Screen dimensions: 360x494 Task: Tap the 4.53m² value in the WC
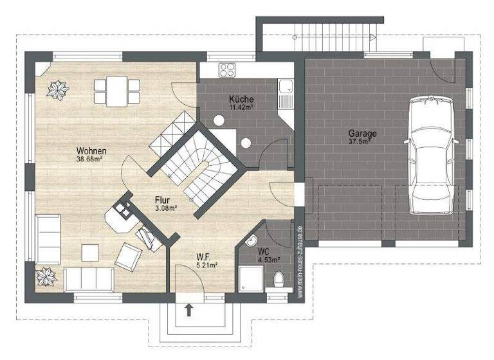(268, 260)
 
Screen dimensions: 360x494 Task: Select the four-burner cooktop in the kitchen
(227, 69)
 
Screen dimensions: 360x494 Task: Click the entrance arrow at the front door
(189, 310)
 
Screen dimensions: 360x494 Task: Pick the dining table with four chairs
(116, 91)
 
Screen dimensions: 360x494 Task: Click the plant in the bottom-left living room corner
(46, 276)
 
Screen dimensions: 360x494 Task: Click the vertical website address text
(300, 260)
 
